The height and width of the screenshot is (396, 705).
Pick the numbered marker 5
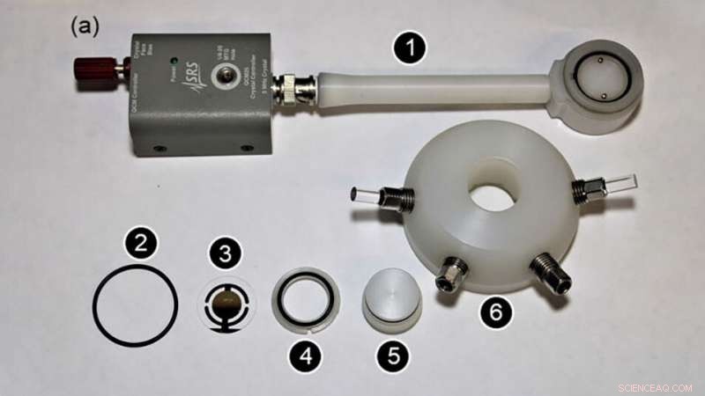click(x=393, y=356)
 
